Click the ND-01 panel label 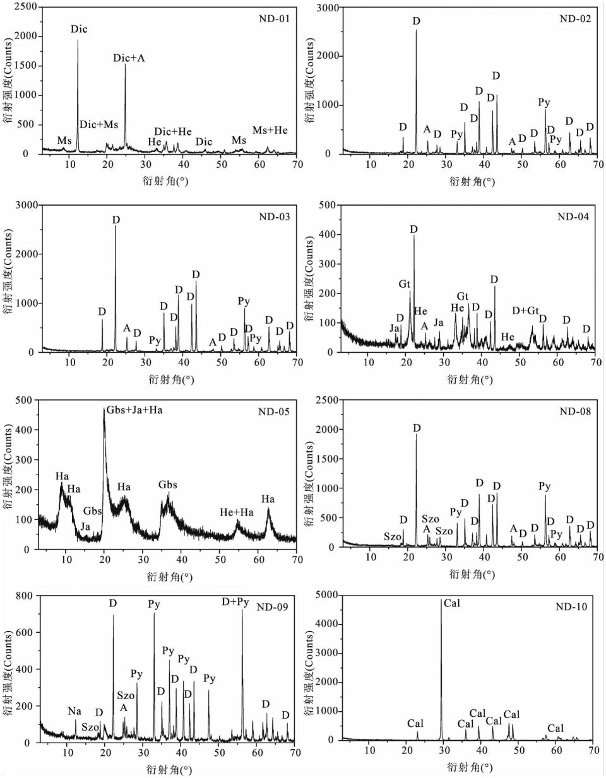(274, 18)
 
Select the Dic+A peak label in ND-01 (129, 58)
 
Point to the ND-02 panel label (575, 18)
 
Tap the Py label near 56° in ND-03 (244, 302)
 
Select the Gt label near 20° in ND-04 (405, 285)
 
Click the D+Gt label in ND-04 (526, 310)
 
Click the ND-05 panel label (274, 412)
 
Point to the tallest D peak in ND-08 (416, 435)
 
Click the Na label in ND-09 (74, 712)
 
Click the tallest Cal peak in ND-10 (441, 601)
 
